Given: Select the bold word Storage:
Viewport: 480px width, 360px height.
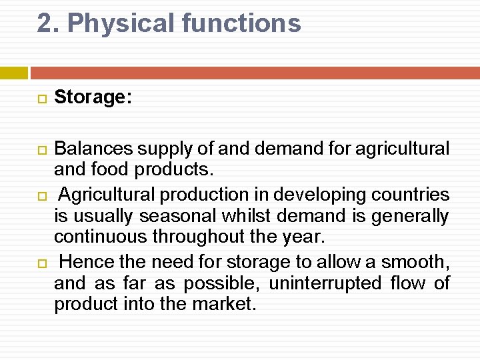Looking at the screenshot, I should pyautogui.click(x=93, y=97).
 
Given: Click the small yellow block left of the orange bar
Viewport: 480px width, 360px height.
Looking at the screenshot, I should pyautogui.click(x=13, y=73).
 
